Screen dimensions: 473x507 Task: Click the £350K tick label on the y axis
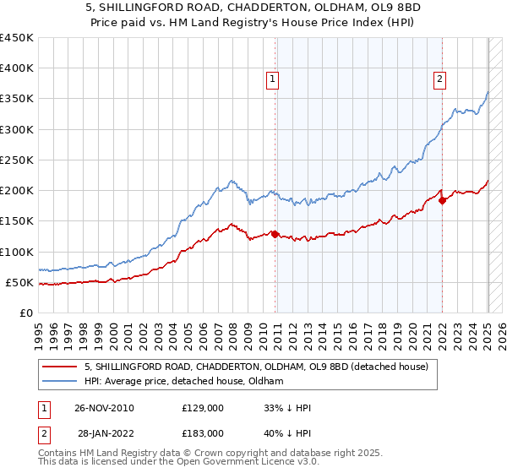[x=17, y=99]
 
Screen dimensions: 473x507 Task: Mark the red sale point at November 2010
[x=275, y=234]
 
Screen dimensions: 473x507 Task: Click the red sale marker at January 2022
[x=442, y=201]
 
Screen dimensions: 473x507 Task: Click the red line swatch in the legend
[x=59, y=367]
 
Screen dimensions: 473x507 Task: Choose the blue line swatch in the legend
[x=59, y=382]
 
